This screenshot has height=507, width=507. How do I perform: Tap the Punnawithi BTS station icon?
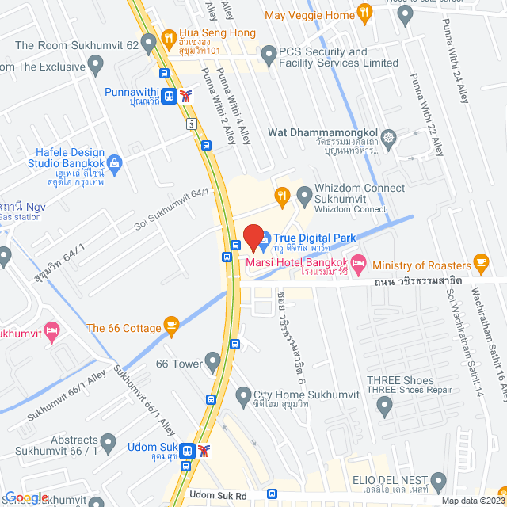pyautogui.click(x=169, y=97)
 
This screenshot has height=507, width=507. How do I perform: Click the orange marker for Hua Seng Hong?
pyautogui.click(x=167, y=37)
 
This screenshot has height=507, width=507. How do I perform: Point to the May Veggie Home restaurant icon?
pyautogui.click(x=364, y=12)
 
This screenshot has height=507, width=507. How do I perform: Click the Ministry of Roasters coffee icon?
pyautogui.click(x=479, y=261)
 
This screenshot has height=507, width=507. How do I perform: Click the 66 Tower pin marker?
pyautogui.click(x=212, y=363)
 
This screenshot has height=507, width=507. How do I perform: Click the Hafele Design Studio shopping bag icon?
pyautogui.click(x=115, y=164)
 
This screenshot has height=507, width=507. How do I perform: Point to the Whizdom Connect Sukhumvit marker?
pyautogui.click(x=303, y=194)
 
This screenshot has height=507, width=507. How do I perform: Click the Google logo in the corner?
pyautogui.click(x=25, y=497)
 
